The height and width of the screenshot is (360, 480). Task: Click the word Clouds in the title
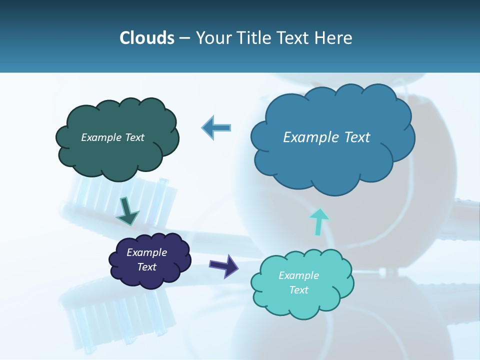pos(146,38)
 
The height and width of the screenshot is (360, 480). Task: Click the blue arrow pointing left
pos(216,128)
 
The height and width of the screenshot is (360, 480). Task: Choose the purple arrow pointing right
pos(223,265)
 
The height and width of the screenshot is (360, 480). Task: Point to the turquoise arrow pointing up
pos(318,221)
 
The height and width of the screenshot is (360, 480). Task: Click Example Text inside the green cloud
pos(112,137)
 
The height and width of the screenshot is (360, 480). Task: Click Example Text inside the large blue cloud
pos(326,137)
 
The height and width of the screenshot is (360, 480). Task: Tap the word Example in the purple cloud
pos(146,252)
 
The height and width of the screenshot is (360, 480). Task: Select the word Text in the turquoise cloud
pos(298,290)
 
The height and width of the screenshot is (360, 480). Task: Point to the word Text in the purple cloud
pos(146,267)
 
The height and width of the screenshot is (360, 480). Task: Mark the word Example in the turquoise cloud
pos(298,275)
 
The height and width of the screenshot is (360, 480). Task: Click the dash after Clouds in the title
pos(184,38)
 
